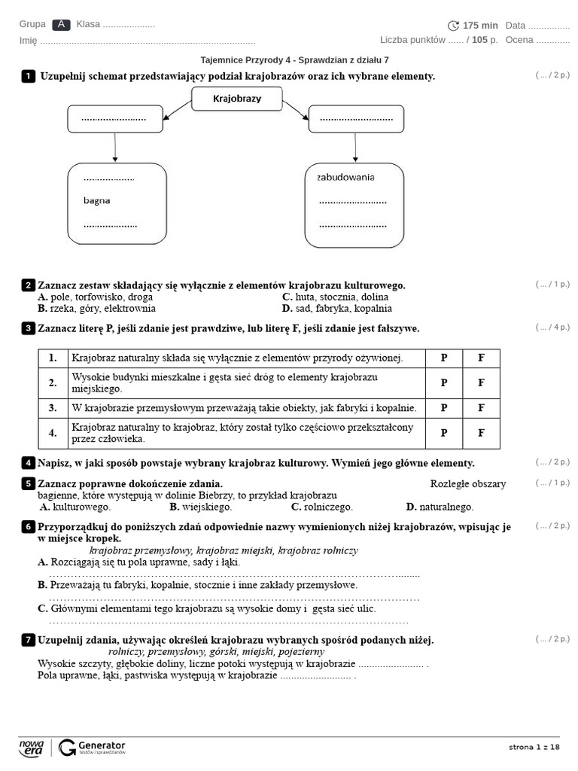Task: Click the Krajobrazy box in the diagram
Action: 237,99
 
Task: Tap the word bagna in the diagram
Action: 96,200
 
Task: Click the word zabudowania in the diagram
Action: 345,177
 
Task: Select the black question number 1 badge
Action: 29,76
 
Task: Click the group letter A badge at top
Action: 62,25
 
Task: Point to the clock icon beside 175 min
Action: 453,26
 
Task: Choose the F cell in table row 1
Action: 481,358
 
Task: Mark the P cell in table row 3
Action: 444,408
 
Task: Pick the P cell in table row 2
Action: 444,383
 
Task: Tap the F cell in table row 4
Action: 481,433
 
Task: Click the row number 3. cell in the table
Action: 53,408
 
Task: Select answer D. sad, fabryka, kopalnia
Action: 336,308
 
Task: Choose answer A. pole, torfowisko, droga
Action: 95,297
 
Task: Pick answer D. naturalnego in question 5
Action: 440,507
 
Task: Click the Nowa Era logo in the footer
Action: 32,747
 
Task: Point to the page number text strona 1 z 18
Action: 534,747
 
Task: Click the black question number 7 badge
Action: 29,640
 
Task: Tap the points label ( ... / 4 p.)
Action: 552,327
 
